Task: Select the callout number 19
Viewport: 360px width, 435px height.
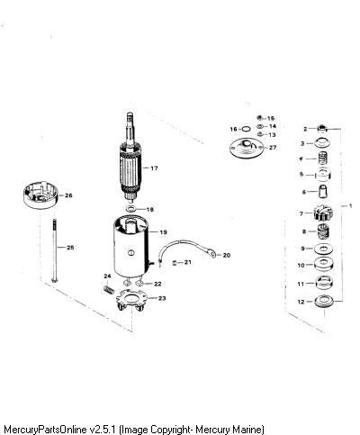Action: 163,232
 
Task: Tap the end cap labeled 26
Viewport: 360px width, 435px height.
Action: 40,195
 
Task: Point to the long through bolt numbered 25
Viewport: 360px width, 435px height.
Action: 54,250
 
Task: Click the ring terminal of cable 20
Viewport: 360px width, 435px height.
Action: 213,254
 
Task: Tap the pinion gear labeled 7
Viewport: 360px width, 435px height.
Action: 323,213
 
